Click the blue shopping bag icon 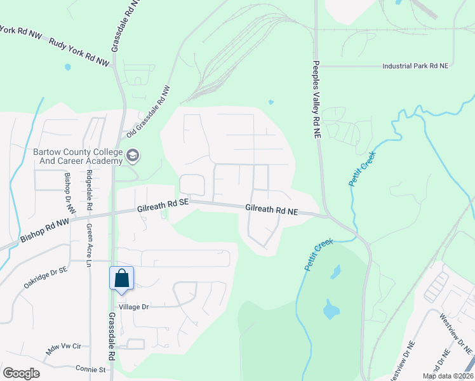pos(121,278)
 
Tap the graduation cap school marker pos(133,155)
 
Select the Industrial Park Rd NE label pos(415,66)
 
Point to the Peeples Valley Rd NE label pos(316,100)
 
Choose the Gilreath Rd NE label pos(272,210)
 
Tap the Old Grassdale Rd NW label pos(149,112)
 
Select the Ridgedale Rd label pos(90,190)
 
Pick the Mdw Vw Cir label pos(64,347)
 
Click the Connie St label pos(90,368)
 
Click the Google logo pos(21,373)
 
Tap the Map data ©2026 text pos(447,376)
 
